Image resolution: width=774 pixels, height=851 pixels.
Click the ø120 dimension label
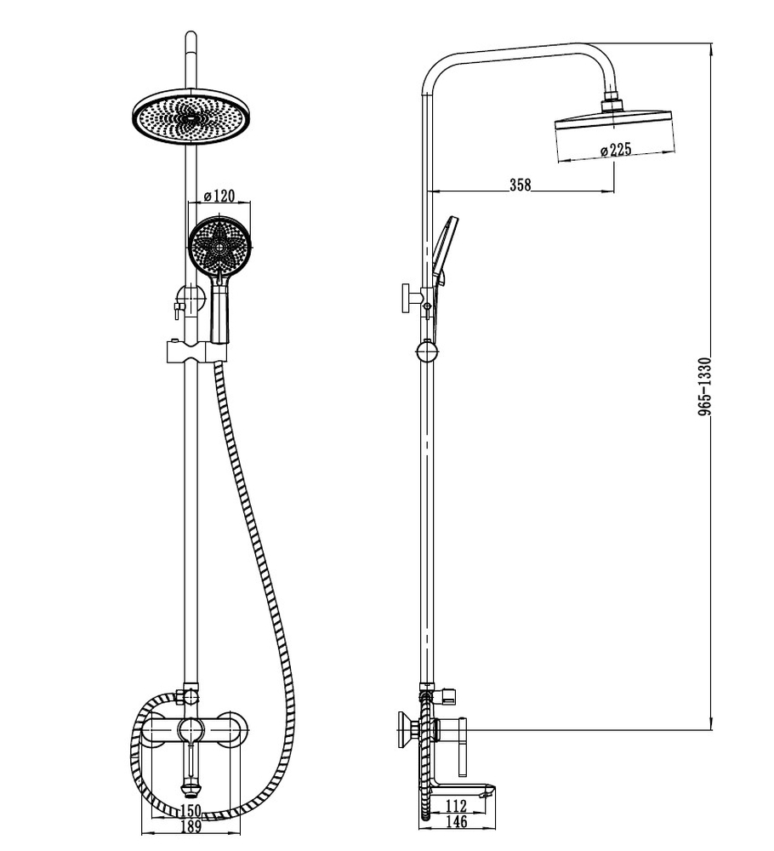click(219, 196)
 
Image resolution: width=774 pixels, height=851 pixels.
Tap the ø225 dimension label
click(616, 150)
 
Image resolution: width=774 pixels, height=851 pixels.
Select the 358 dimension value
click(521, 185)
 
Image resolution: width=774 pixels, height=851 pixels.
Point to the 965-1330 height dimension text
click(704, 386)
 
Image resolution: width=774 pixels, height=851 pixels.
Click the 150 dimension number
click(190, 810)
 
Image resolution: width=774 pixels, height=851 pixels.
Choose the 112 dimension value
click(456, 806)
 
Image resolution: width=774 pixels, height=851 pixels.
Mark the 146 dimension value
click(456, 822)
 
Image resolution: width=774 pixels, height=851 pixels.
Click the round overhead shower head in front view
click(191, 117)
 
